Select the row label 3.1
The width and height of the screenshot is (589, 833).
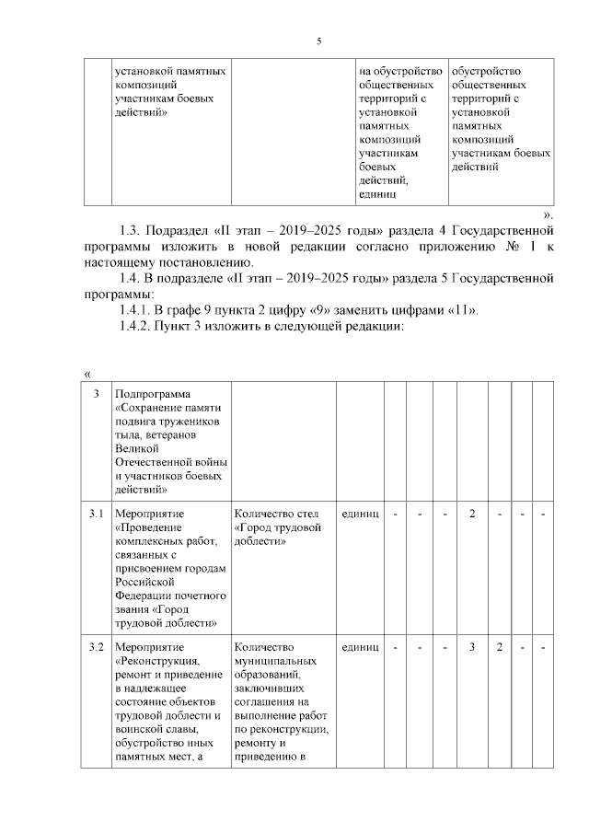(95, 513)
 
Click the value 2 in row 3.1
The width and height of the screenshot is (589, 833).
(472, 513)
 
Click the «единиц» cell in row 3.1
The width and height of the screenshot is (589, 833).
(360, 513)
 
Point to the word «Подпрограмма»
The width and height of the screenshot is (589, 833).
(153, 394)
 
